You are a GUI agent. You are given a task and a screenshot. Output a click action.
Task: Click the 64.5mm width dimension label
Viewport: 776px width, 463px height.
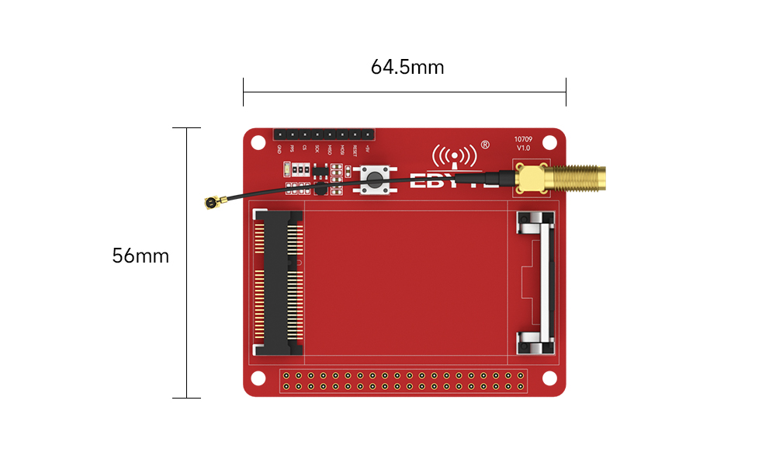(x=407, y=67)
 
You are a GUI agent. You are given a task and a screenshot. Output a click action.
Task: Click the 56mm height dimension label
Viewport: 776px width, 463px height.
(x=140, y=256)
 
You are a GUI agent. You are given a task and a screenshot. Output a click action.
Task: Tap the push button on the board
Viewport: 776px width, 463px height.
(x=375, y=181)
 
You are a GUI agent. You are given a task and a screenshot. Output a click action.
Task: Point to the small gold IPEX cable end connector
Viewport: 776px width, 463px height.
(x=210, y=204)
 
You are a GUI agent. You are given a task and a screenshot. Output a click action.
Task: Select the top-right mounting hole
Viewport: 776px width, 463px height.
(x=550, y=143)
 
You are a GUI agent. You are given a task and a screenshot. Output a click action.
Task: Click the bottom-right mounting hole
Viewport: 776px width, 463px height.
(x=550, y=378)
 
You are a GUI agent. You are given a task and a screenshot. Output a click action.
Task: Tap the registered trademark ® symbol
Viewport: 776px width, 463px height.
(x=485, y=144)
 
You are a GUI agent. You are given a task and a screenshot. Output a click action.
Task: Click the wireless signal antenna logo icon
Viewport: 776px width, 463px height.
(x=454, y=156)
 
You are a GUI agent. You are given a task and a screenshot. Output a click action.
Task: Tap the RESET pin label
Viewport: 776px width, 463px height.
(x=355, y=150)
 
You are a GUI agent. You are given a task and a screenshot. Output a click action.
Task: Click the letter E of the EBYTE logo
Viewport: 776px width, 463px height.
(x=417, y=182)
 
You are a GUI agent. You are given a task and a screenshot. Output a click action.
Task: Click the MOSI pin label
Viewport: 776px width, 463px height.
(x=342, y=149)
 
